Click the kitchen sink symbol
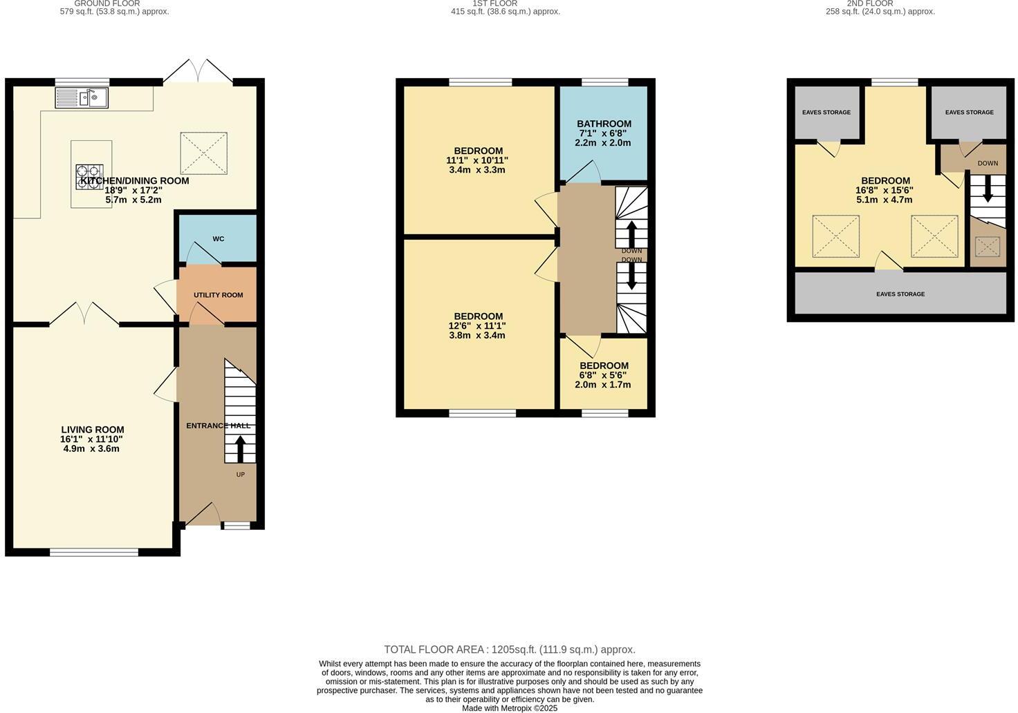(82, 97)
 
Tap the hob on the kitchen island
(89, 177)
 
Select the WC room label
(218, 239)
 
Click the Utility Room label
(218, 295)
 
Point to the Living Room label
(92, 430)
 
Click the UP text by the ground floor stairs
(241, 475)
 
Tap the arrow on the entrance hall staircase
(240, 449)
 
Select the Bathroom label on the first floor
(604, 124)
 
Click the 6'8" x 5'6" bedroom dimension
(604, 376)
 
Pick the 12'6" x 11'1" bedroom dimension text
(477, 326)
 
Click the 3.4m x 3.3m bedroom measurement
(477, 170)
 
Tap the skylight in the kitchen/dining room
(203, 153)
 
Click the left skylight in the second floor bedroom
(835, 236)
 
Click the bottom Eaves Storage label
(900, 294)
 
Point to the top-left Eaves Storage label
(826, 113)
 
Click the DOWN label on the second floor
(987, 164)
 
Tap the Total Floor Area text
(509, 649)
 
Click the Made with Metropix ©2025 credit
(509, 708)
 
